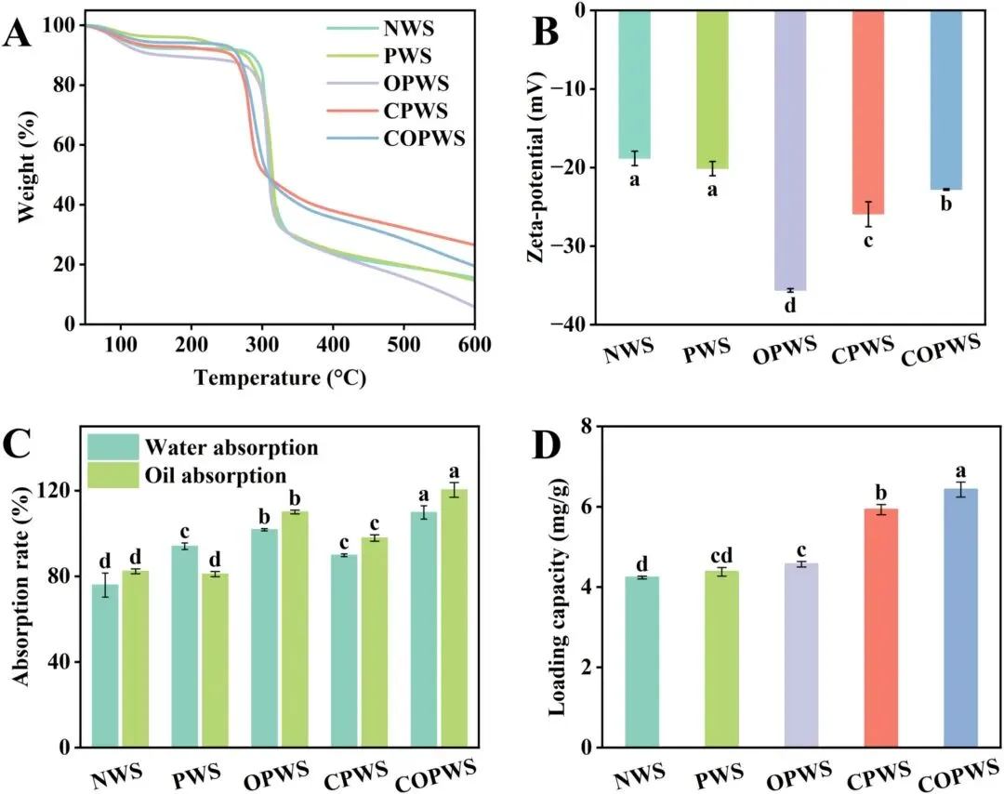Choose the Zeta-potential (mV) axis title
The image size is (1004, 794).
[x=537, y=164]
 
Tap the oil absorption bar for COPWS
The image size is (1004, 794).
[x=455, y=618]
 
